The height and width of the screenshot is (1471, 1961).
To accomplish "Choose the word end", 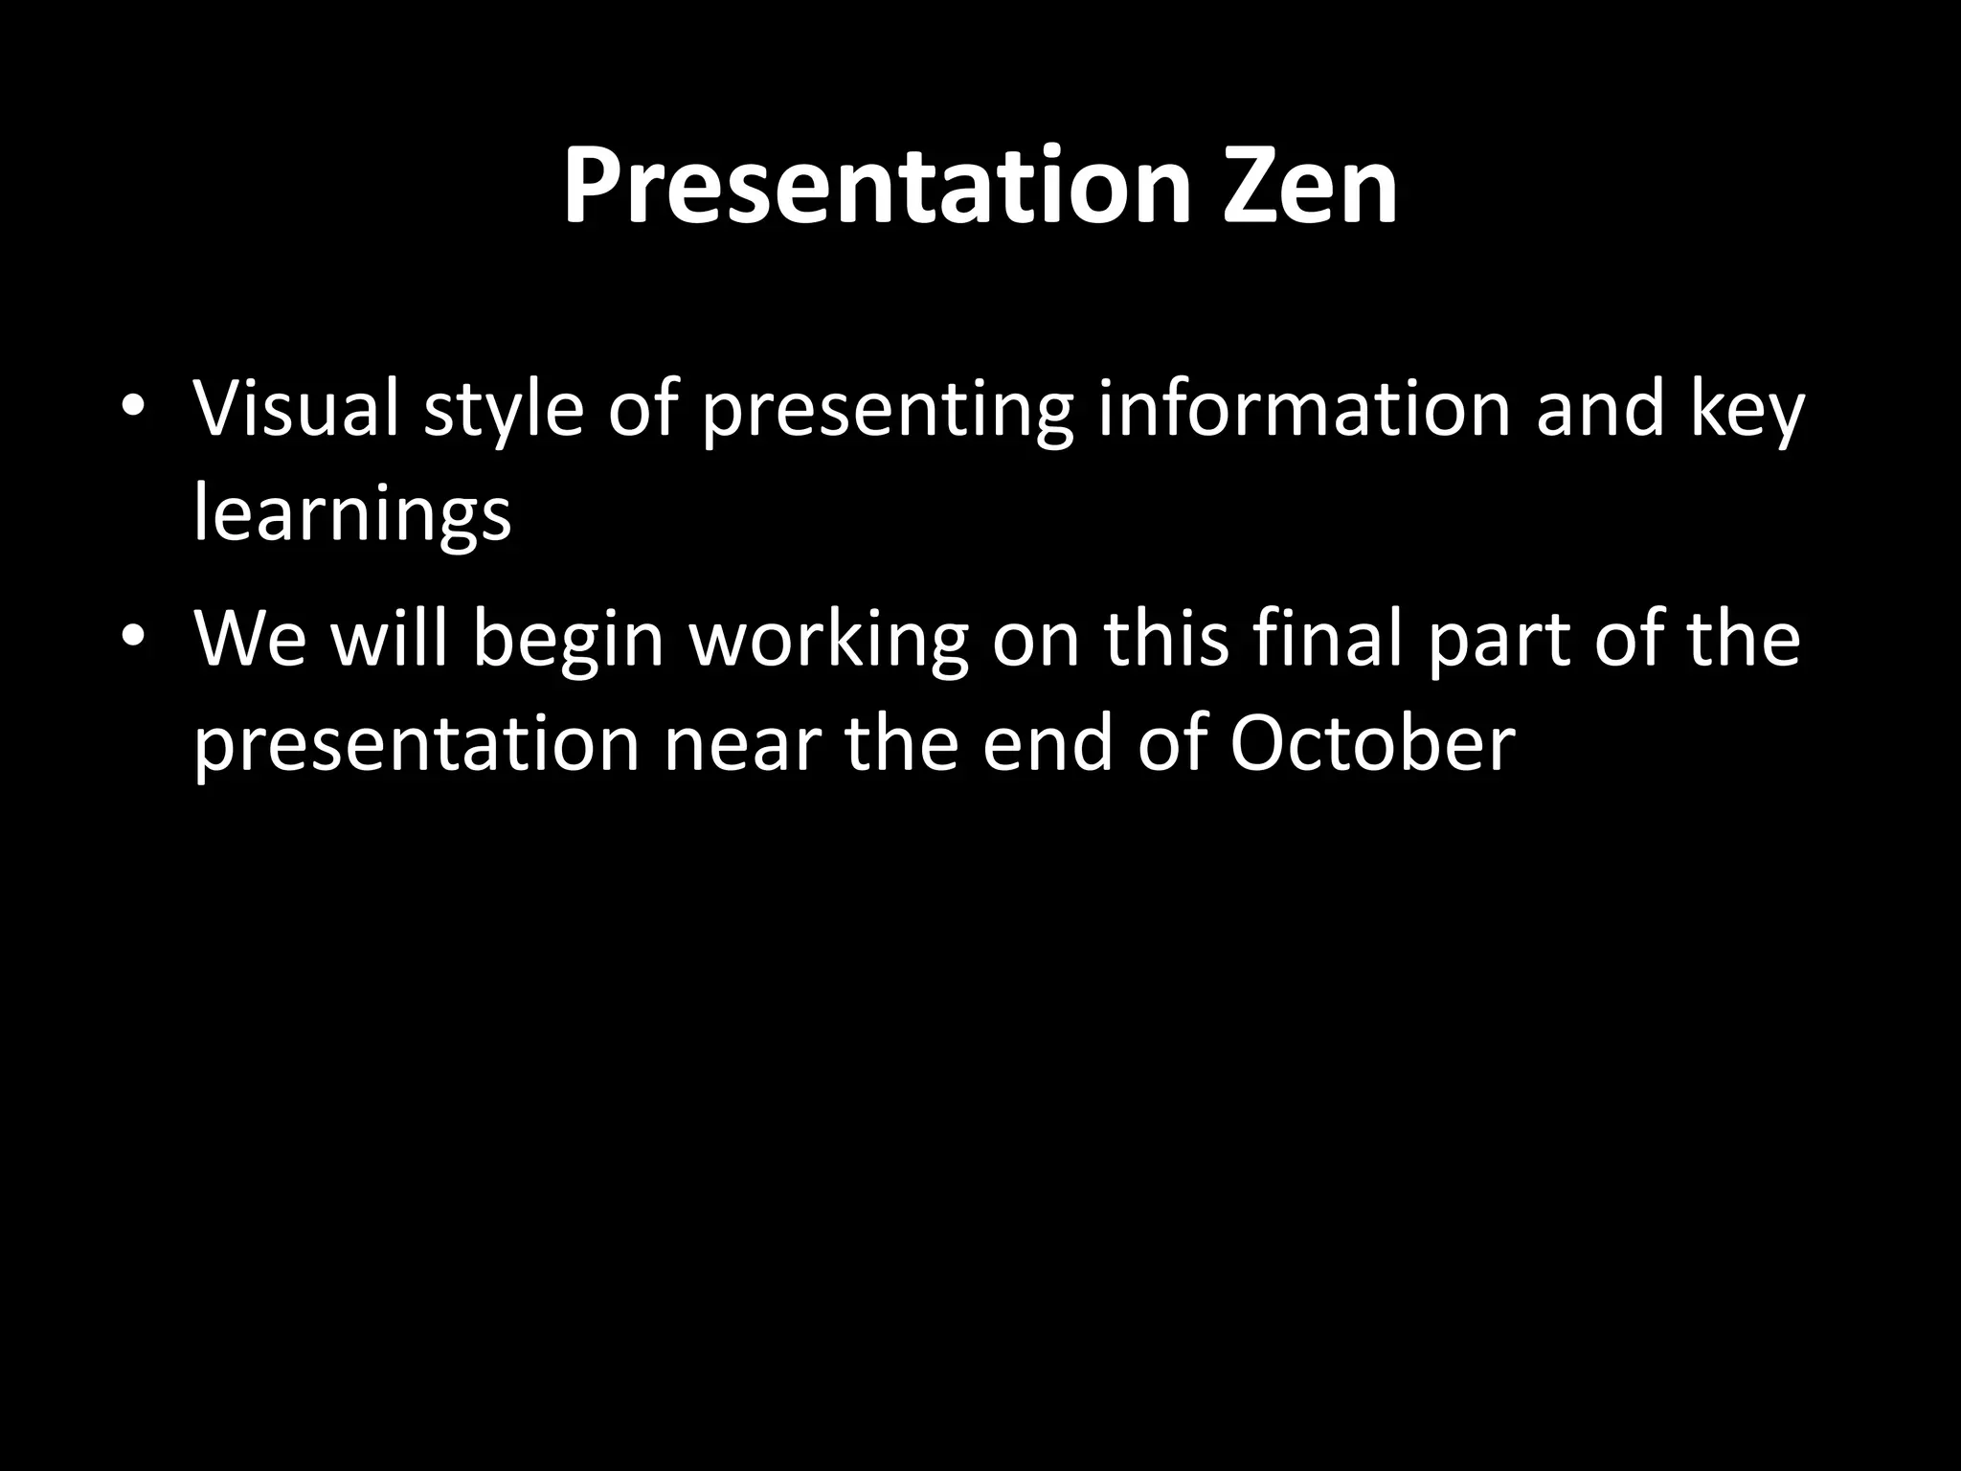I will tap(1048, 744).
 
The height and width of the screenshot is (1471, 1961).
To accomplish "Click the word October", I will tap(1372, 744).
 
